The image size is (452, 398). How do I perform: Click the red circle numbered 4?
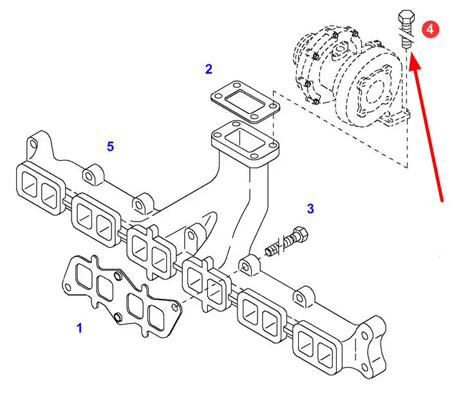(430, 30)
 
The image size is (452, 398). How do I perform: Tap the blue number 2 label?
(209, 69)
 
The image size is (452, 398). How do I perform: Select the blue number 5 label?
(110, 146)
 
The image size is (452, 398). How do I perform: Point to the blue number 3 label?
(310, 209)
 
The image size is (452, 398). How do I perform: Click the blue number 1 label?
(80, 328)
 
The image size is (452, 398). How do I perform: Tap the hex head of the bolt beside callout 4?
(406, 17)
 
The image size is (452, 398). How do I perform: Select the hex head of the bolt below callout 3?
(301, 234)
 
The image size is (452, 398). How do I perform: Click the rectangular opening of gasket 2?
(245, 101)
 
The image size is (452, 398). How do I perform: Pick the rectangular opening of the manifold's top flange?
(245, 140)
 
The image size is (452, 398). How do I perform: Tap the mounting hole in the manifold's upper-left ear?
(33, 144)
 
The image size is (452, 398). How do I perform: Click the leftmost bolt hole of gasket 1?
(68, 287)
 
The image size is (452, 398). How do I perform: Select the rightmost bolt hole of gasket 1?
(175, 307)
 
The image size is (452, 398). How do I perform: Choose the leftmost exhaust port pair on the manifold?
(41, 189)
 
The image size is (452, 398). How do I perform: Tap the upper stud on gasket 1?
(118, 276)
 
